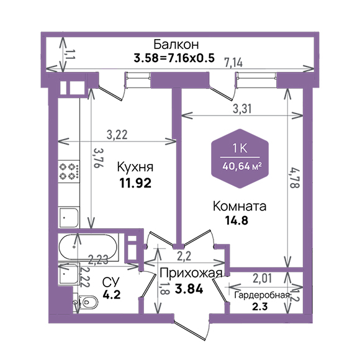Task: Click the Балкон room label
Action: (x=176, y=44)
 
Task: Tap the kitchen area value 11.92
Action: (x=135, y=183)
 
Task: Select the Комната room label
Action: (x=240, y=206)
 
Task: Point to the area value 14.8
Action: (x=236, y=220)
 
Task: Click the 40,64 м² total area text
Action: (x=242, y=166)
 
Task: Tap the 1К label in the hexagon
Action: (x=240, y=148)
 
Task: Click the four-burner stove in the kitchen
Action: (x=69, y=171)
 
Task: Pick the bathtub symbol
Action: (x=88, y=247)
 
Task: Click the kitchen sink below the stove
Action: (x=69, y=217)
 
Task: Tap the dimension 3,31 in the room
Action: (x=242, y=109)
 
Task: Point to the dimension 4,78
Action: (x=295, y=178)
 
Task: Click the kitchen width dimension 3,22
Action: (x=117, y=135)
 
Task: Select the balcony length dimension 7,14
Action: (x=233, y=63)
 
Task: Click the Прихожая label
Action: (x=191, y=273)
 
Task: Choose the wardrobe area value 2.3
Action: (x=260, y=307)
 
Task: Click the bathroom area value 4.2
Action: (x=112, y=295)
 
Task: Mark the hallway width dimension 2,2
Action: (x=184, y=256)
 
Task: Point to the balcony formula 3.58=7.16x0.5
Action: (x=174, y=58)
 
